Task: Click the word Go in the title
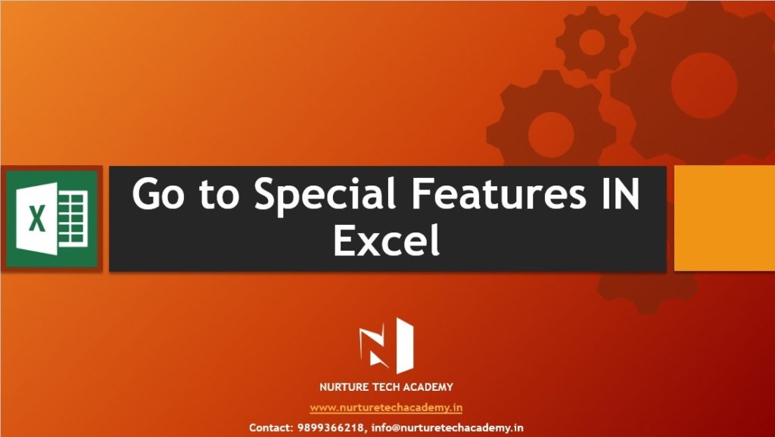158,194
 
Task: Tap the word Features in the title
499,193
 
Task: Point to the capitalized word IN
620,193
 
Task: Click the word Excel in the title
387,240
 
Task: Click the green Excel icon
52,219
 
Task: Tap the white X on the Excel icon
36,219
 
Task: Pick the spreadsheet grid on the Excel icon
73,219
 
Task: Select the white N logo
387,346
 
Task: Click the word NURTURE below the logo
342,387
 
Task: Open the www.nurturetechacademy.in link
386,407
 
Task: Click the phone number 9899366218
331,428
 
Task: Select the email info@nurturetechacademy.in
447,428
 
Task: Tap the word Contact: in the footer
272,428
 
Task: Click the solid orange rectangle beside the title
724,218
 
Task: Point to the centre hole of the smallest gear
592,42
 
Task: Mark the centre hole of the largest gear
704,86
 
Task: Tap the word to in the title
219,195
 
